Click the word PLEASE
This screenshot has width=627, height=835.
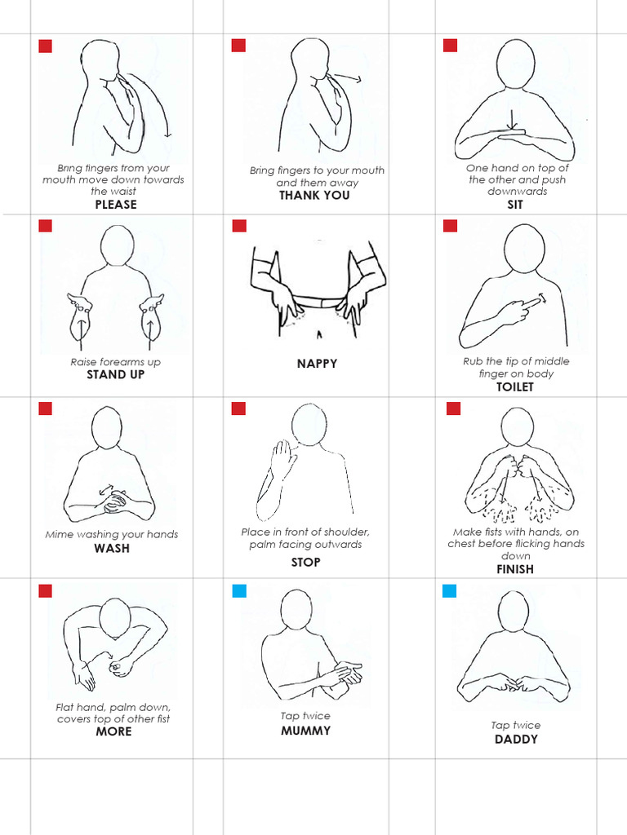116,205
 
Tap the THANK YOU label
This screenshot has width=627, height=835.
314,196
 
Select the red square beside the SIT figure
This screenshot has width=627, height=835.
451,46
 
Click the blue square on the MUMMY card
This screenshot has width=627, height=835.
239,590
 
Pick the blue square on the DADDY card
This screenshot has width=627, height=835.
450,590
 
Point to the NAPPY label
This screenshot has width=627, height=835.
317,364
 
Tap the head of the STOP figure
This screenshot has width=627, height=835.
309,425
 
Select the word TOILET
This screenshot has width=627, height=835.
514,387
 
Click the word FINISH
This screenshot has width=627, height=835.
515,569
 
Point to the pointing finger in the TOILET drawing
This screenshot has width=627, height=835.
532,303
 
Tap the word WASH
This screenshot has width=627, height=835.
112,548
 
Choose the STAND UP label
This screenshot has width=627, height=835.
116,375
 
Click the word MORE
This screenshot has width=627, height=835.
113,731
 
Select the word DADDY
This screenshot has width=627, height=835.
516,740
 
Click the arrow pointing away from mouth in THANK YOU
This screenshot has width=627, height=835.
348,79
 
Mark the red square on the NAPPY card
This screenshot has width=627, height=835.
239,226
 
